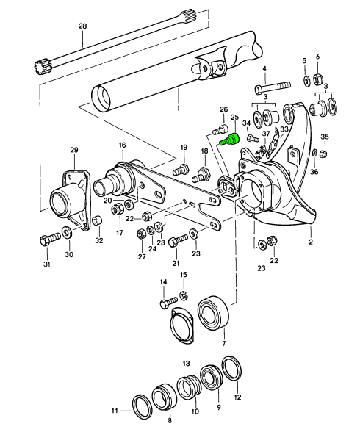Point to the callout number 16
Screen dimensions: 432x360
(122, 146)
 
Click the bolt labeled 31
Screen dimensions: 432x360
(48, 240)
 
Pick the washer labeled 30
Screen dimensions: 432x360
(68, 234)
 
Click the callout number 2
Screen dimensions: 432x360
(311, 240)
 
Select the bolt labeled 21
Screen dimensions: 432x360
(176, 240)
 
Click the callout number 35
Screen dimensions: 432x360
(325, 137)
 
